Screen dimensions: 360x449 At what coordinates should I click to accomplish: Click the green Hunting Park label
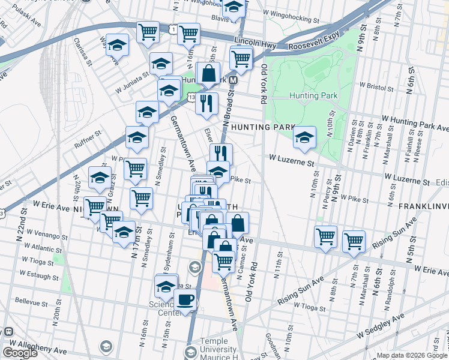click(x=313, y=95)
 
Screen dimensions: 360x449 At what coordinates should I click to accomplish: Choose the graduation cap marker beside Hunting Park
click(x=304, y=138)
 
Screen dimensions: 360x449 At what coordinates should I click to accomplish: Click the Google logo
click(x=20, y=353)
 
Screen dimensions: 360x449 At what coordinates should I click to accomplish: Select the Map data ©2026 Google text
click(x=412, y=355)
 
